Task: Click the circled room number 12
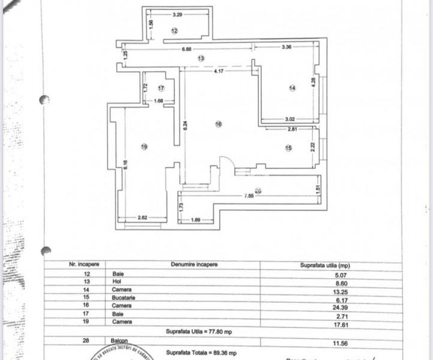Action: point(175,31)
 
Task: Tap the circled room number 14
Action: point(292,88)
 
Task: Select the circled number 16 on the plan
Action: point(218,124)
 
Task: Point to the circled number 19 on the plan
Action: point(144,146)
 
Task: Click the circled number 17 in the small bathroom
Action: point(161,88)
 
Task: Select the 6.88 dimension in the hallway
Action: point(187,50)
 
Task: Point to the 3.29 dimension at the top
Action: point(178,14)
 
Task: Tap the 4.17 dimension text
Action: point(221,70)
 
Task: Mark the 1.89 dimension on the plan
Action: point(195,219)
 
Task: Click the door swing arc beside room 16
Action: point(227,164)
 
